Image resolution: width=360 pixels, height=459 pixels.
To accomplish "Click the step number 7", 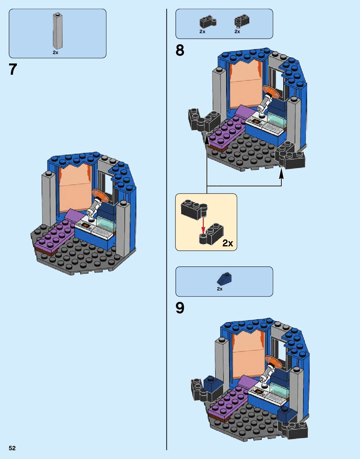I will click(x=13, y=69).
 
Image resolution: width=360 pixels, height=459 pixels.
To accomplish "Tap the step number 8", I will click(x=180, y=50).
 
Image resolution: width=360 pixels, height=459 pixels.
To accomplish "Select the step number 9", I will click(x=180, y=308).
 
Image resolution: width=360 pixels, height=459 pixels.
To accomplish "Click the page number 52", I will click(x=12, y=448).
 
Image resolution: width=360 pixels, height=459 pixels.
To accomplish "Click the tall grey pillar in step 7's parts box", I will click(x=57, y=31).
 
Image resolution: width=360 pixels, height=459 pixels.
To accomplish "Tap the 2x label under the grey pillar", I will click(x=55, y=53).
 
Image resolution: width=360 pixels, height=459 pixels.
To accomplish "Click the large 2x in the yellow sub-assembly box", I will click(x=227, y=243).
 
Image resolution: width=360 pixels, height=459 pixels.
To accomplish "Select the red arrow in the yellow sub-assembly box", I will click(x=203, y=225).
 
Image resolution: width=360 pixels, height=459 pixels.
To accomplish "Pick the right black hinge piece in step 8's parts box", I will click(x=241, y=21).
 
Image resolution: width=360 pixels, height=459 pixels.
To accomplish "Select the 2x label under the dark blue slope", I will click(x=220, y=289).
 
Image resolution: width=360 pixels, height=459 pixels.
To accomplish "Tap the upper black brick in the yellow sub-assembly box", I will click(x=193, y=209).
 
